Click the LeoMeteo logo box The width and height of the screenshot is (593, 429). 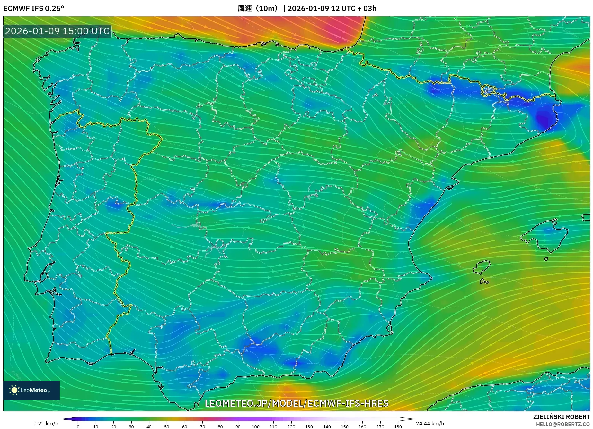[x=31, y=390]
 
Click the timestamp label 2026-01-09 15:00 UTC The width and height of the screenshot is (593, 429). [x=57, y=31]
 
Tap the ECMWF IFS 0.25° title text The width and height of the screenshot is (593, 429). [x=34, y=8]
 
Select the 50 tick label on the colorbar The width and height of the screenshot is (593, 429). [x=166, y=426]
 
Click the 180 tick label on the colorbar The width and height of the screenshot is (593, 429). [x=398, y=426]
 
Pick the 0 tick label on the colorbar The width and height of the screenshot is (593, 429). [x=78, y=426]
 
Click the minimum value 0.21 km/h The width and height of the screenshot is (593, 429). [x=46, y=424]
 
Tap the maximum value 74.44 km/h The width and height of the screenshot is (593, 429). [x=430, y=424]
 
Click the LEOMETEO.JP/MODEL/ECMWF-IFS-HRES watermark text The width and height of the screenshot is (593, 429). [x=296, y=403]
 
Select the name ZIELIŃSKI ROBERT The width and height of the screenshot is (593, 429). [x=562, y=417]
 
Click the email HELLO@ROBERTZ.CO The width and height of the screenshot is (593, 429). [x=563, y=424]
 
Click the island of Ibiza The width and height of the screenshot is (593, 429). [x=482, y=267]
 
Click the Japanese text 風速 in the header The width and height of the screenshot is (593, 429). [x=245, y=8]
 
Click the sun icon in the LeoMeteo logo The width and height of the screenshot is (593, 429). [x=14, y=390]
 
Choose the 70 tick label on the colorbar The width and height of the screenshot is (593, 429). [x=202, y=426]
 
